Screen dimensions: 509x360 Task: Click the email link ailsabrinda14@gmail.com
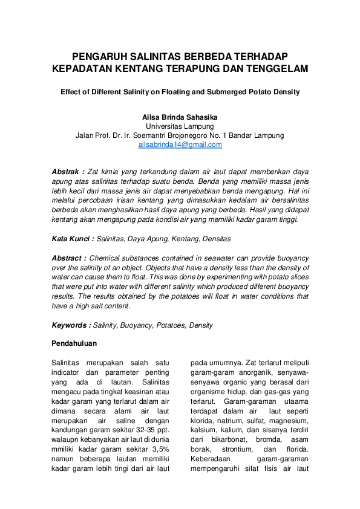coord(180,145)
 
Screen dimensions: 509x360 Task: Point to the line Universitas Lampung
coord(180,126)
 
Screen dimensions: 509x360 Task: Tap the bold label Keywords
coord(71,325)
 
